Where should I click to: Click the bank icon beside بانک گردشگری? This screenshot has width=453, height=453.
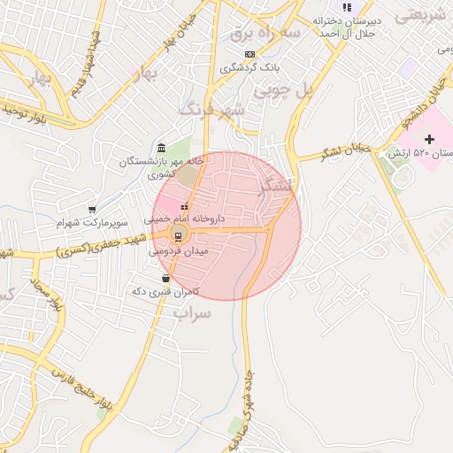(250, 54)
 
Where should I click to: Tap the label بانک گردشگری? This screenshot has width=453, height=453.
(250, 66)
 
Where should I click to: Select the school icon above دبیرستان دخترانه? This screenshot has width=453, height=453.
(347, 8)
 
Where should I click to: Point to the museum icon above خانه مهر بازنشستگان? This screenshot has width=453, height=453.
(160, 148)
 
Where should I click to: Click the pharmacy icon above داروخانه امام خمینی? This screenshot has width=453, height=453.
(184, 206)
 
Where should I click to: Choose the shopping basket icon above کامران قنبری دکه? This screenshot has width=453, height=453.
(165, 279)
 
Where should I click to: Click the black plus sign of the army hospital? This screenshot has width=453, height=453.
(430, 139)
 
